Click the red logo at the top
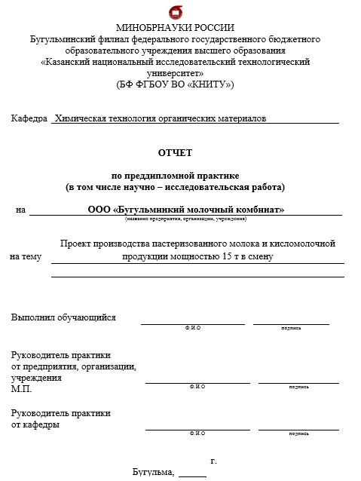(176, 12)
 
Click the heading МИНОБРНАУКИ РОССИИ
(175, 28)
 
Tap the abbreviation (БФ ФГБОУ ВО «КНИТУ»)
(175, 84)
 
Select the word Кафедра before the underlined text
(29, 118)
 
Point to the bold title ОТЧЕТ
(175, 152)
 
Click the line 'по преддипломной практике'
(175, 174)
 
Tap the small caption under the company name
(185, 219)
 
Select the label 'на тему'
(25, 257)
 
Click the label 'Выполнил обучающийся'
(63, 317)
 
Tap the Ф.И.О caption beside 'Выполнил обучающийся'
(193, 328)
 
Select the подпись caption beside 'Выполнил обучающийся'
(291, 328)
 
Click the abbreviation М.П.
(22, 389)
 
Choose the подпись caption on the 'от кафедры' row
(298, 434)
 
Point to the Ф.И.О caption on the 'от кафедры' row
(197, 434)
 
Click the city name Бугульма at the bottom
(153, 473)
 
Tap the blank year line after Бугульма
(192, 474)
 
